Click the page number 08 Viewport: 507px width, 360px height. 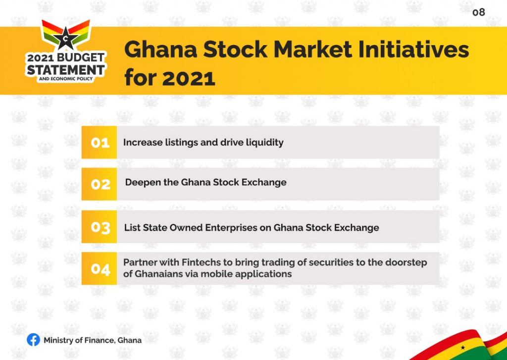click(x=479, y=12)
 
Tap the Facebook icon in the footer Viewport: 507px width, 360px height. click(x=33, y=340)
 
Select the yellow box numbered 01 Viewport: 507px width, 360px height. click(x=99, y=142)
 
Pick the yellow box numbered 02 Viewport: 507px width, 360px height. click(x=99, y=184)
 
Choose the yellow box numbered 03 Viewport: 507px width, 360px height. click(x=99, y=227)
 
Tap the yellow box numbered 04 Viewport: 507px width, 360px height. click(x=99, y=268)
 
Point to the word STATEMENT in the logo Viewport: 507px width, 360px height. click(x=66, y=69)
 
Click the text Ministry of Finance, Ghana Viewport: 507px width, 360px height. click(x=93, y=340)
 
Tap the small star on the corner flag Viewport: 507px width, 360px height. click(x=463, y=348)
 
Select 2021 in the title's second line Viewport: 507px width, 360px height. click(x=189, y=78)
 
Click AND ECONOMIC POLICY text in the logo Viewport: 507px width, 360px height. click(x=66, y=79)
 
